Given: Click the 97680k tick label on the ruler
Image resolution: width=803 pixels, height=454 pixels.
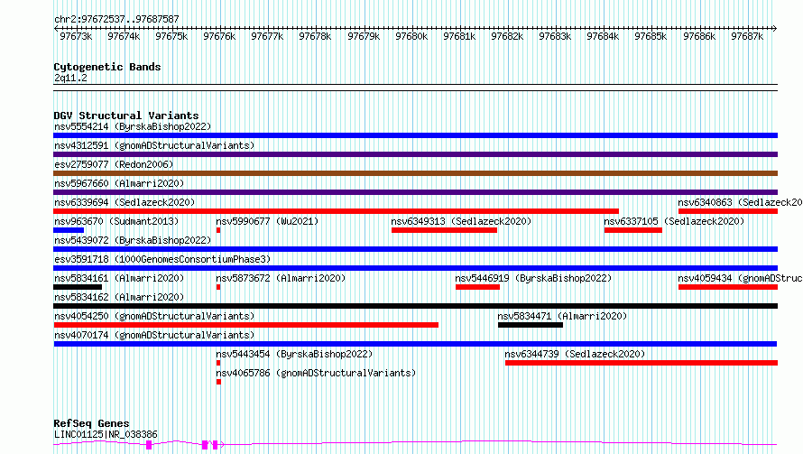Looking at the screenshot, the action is pos(411,36).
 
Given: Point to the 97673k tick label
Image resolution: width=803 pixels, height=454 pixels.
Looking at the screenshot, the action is pos(76,36).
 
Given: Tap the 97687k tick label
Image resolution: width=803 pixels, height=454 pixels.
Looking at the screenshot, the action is pos(747,36).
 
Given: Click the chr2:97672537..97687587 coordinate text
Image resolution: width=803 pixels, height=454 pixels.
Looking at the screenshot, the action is pos(116,20).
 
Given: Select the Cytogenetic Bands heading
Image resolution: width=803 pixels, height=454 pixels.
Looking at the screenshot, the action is pos(107,67).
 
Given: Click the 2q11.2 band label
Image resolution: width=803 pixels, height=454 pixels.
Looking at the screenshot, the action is pos(70,78).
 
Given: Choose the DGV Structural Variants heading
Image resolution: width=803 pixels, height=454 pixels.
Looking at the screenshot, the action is pos(126,116).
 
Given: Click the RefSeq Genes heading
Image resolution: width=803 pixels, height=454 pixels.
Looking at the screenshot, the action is pos(91,423).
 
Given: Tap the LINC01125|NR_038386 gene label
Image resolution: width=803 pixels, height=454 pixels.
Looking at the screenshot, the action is pos(106,434).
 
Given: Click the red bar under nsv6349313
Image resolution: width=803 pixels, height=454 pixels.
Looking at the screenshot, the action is pos(444,230).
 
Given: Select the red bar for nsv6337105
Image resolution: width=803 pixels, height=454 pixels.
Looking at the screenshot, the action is pos(633,230).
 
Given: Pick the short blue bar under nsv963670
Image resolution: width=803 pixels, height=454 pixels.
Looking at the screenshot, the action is pos(69,230).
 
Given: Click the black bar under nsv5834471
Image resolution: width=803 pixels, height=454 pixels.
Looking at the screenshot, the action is pos(530,326).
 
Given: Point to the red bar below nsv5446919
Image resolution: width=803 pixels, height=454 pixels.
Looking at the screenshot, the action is pos(477,287).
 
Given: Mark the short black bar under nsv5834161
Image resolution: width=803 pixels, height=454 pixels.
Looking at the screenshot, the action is pos(78,287).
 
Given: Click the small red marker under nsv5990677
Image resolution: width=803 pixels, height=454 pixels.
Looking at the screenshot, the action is pos(218,230).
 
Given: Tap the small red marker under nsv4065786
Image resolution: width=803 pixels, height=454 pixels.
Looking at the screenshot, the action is pos(218,383).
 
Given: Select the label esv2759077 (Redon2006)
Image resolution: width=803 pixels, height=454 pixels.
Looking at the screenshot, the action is pos(114,164).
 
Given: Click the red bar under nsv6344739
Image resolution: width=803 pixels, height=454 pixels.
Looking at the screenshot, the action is pos(641,364).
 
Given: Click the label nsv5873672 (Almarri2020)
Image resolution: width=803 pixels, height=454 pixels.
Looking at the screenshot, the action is pos(281,278).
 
